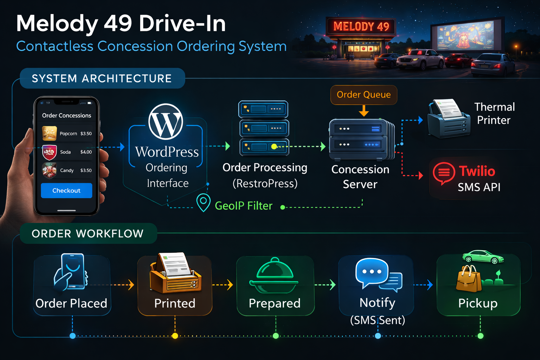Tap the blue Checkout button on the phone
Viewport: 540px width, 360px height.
click(x=66, y=191)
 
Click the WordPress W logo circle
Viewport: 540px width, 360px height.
click(x=166, y=122)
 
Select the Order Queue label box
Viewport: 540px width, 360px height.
click(x=364, y=95)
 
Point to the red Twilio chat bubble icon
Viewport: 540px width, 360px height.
click(x=444, y=173)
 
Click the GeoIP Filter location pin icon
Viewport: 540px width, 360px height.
click(x=203, y=202)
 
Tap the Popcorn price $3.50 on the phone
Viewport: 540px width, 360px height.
click(x=86, y=134)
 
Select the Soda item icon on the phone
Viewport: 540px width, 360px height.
click(x=49, y=152)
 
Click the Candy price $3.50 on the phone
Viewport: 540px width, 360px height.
click(x=86, y=171)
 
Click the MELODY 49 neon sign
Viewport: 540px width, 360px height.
click(x=361, y=26)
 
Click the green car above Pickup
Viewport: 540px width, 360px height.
click(x=483, y=257)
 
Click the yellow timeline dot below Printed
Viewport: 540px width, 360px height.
click(x=175, y=336)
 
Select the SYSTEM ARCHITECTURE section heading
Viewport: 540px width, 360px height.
click(x=102, y=78)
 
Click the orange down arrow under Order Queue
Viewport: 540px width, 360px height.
click(x=364, y=112)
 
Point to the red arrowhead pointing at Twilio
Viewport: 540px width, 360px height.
click(x=420, y=175)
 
